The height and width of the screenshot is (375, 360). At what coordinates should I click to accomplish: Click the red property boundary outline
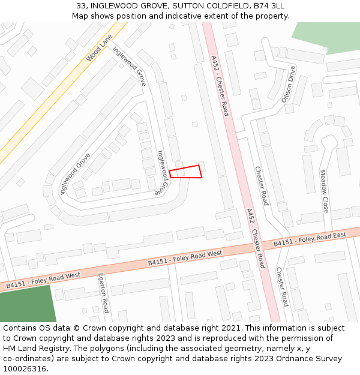(x=185, y=172)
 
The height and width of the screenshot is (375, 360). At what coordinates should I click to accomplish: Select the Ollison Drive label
(x=289, y=84)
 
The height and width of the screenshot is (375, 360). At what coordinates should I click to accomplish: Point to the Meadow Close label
(x=324, y=191)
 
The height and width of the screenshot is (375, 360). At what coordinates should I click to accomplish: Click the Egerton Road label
(x=103, y=293)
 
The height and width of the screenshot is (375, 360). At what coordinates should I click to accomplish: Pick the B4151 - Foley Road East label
(x=310, y=239)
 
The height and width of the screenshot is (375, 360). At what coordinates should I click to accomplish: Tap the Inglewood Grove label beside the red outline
(x=162, y=172)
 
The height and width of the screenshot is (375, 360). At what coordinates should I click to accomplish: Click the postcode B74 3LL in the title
(x=268, y=6)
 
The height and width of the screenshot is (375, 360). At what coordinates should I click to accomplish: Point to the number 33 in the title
(x=81, y=6)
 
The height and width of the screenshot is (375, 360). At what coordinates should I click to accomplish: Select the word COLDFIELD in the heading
(x=230, y=6)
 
